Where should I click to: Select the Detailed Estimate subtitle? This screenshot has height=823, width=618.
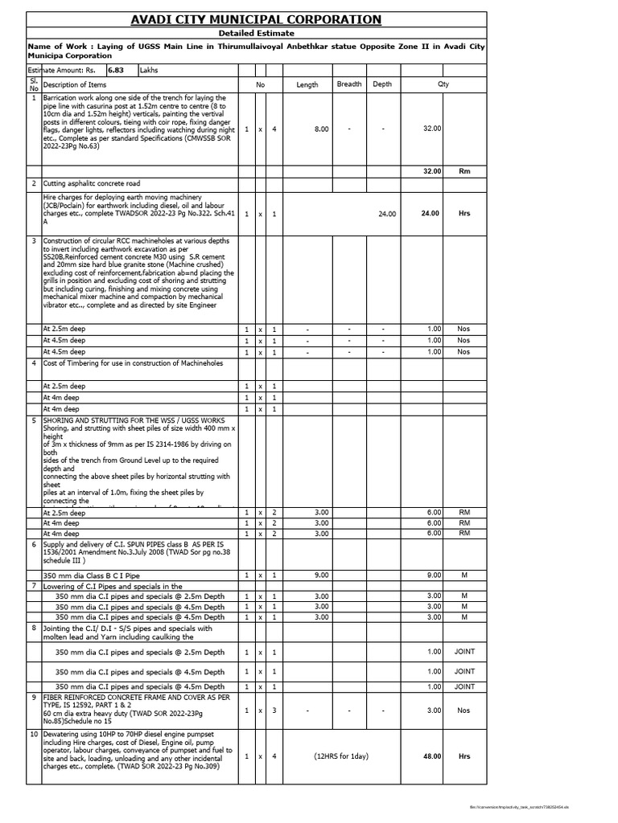[257, 33]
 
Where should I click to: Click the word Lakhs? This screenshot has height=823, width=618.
[150, 70]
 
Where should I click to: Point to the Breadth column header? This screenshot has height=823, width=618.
[349, 84]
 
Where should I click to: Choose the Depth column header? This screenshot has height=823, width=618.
[383, 84]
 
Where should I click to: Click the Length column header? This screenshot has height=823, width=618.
[307, 84]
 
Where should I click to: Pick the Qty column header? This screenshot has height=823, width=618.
[443, 84]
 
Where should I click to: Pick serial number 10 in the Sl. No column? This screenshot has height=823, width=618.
[34, 735]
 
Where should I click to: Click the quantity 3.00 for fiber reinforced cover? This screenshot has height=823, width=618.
[433, 710]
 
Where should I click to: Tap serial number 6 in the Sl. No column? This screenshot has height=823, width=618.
[34, 543]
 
